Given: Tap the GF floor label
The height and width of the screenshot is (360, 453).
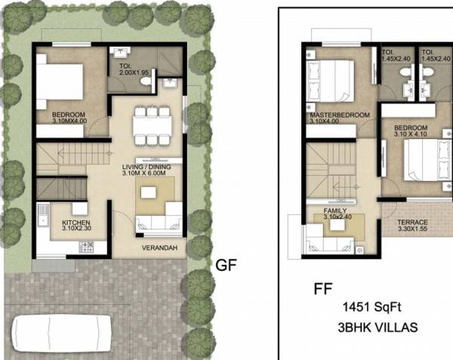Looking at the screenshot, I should (228, 266).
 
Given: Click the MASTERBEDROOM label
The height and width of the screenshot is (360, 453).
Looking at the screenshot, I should (340, 115).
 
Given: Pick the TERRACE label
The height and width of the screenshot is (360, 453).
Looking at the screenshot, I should (412, 222).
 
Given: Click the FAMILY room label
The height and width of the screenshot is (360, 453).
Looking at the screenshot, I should (334, 211).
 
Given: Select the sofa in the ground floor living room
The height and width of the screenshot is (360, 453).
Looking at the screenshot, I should (157, 223).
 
